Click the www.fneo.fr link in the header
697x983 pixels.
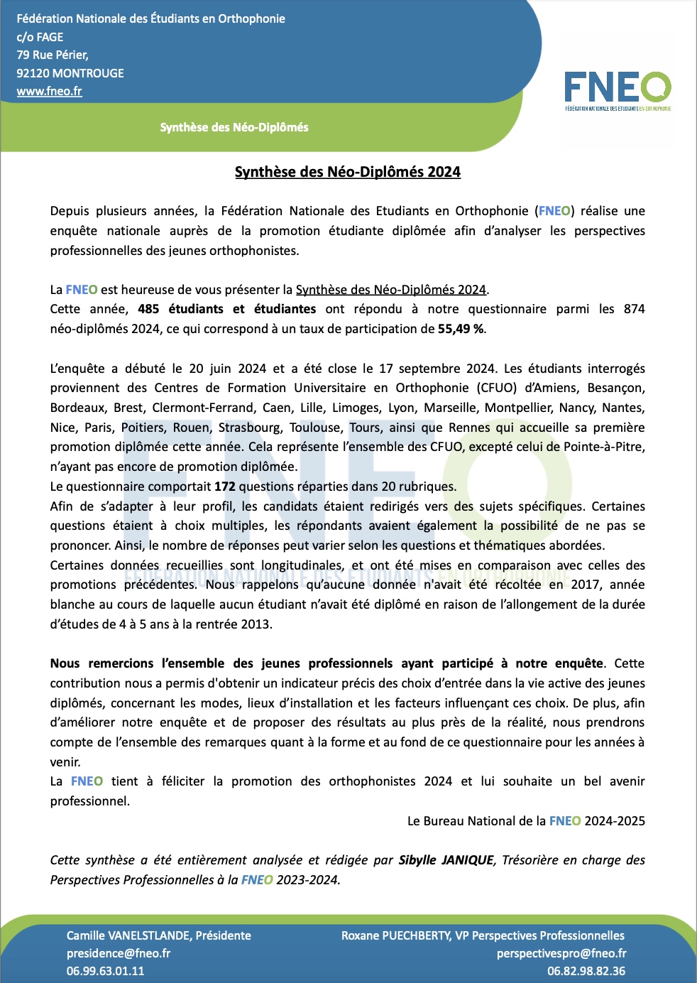click(49, 91)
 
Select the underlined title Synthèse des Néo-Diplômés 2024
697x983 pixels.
click(348, 172)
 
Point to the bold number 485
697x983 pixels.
click(148, 309)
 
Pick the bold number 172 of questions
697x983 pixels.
click(224, 487)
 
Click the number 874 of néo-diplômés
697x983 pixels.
click(634, 309)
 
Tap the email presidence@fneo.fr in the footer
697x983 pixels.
click(119, 953)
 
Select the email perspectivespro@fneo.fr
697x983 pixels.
click(561, 953)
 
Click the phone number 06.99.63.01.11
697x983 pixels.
click(105, 971)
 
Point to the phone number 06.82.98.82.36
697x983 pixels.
click(586, 971)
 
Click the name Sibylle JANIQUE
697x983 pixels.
click(446, 860)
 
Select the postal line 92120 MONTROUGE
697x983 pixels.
click(70, 73)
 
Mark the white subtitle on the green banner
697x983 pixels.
click(234, 127)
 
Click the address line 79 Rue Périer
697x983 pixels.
click(53, 55)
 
